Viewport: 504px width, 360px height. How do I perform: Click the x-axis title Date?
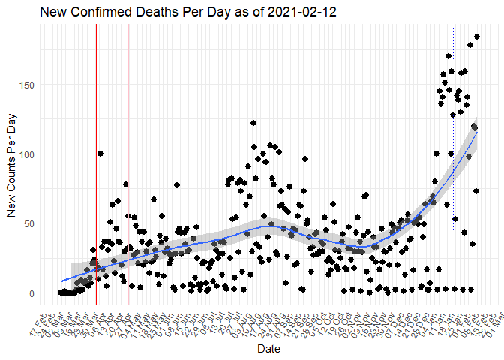point(268,349)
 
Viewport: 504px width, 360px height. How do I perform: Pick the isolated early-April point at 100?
point(100,154)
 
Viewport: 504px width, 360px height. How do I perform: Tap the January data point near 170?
point(448,56)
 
